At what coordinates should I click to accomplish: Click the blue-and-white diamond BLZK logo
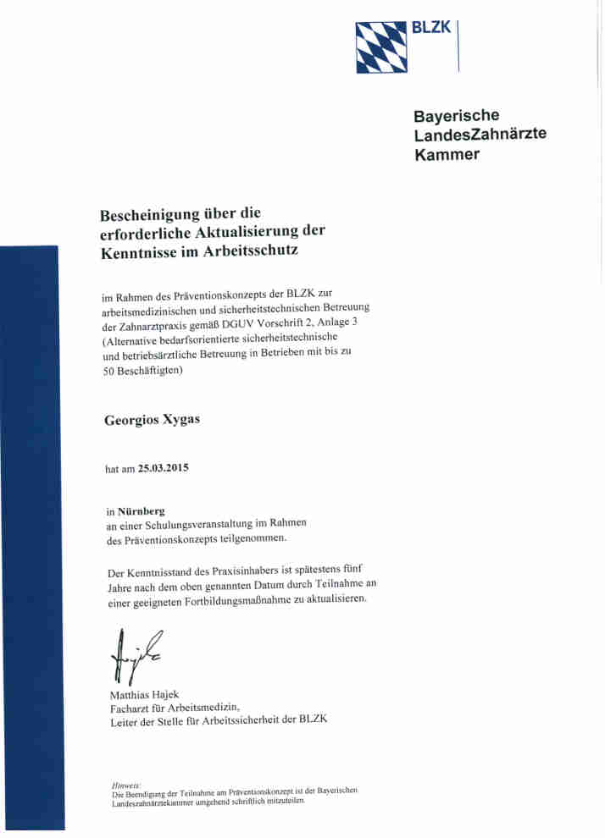381,47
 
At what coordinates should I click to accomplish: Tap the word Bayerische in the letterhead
456,115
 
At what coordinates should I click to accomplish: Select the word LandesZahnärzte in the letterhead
480,135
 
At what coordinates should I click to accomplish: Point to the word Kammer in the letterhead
447,154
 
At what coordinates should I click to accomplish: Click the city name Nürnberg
142,511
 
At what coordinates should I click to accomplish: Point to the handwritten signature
131,653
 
